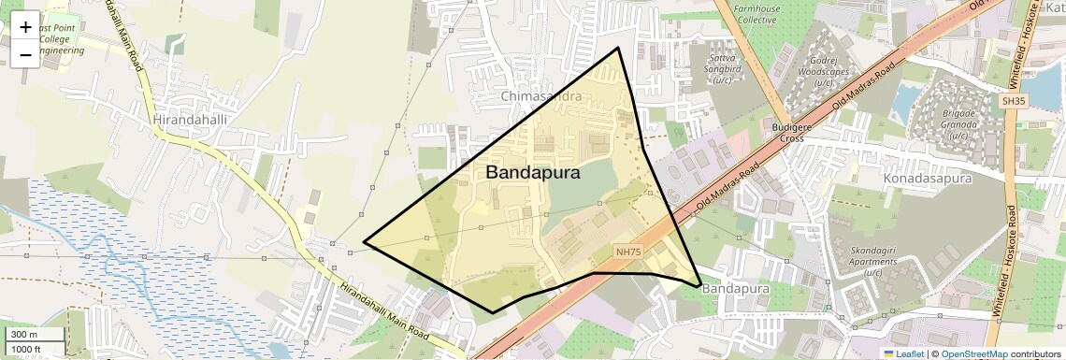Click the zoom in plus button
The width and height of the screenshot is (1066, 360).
(25, 27)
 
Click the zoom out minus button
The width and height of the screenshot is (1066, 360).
(25, 55)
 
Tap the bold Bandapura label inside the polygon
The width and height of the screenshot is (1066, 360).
(533, 173)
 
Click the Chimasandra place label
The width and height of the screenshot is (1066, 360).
(540, 96)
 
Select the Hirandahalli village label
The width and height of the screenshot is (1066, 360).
(190, 121)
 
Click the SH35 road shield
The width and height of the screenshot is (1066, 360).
(1013, 100)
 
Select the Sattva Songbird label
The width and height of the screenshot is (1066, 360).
(722, 69)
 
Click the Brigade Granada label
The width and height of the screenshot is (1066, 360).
(958, 124)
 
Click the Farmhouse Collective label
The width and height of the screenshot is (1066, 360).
(756, 13)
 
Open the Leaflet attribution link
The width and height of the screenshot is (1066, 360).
(904, 353)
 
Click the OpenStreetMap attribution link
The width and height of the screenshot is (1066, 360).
(974, 353)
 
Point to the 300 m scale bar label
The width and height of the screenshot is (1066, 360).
(25, 335)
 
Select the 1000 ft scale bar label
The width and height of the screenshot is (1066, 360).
(27, 349)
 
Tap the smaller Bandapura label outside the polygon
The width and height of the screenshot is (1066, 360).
(735, 289)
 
